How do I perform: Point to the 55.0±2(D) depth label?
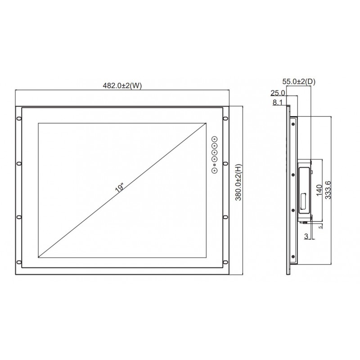[299, 81]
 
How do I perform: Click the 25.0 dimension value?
[278, 93]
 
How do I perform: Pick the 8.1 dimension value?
[278, 103]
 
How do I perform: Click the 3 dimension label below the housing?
[306, 236]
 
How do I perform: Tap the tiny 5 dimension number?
[320, 227]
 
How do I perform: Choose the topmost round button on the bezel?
[215, 139]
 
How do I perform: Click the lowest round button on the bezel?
[215, 170]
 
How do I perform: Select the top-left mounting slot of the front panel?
[18, 119]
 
